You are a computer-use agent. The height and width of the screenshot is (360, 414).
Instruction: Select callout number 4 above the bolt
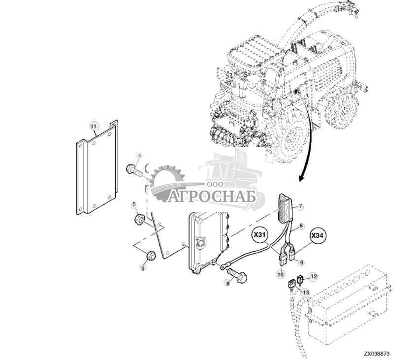click(139, 156)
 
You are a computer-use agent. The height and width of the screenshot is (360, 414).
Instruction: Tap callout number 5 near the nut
click(133, 204)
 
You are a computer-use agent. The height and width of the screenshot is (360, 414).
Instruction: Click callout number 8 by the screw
click(228, 284)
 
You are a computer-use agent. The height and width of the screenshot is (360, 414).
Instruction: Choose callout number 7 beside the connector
click(300, 207)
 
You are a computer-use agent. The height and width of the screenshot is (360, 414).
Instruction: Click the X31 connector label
click(261, 236)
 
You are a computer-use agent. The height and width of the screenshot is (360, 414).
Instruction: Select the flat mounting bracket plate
click(97, 170)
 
